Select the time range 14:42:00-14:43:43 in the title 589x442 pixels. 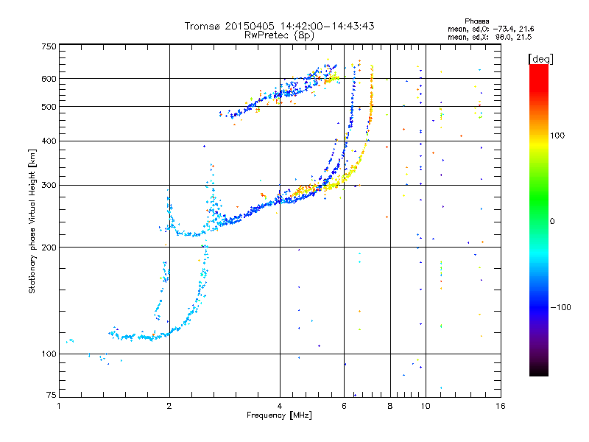(x=327, y=26)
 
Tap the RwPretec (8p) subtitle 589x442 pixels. (x=279, y=35)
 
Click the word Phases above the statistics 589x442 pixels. (x=476, y=21)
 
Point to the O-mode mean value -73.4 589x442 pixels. (x=501, y=29)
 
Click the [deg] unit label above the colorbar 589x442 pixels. (x=541, y=59)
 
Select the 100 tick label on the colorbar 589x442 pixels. (x=557, y=136)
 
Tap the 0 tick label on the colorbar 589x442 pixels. (x=552, y=222)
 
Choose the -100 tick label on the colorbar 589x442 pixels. (x=560, y=307)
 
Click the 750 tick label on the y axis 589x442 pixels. (x=49, y=46)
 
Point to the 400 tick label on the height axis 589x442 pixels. (x=49, y=141)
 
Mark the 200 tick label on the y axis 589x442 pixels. (x=49, y=248)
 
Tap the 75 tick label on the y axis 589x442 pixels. (x=52, y=395)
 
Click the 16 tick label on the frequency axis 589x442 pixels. (x=501, y=406)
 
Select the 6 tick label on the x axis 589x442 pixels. (x=344, y=406)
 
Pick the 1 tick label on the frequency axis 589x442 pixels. (x=59, y=406)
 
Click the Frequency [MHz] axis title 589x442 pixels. (x=279, y=415)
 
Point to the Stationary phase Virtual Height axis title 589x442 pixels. (x=32, y=221)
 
